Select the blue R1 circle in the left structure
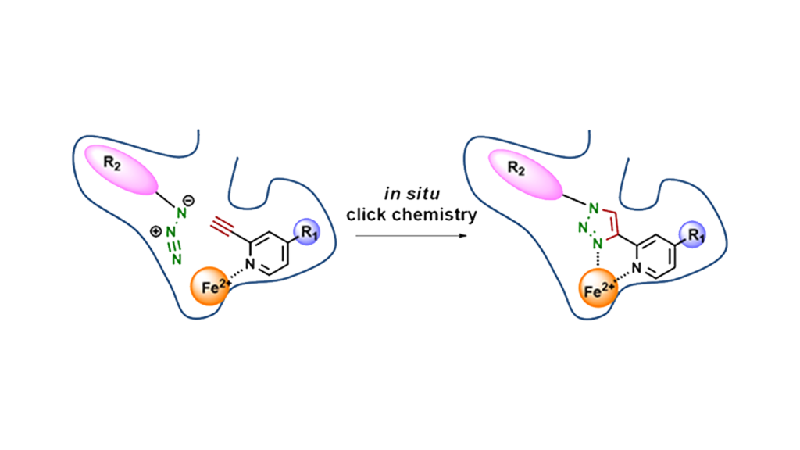coord(308,231)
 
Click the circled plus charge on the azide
coord(155,232)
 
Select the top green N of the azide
coord(180,212)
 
